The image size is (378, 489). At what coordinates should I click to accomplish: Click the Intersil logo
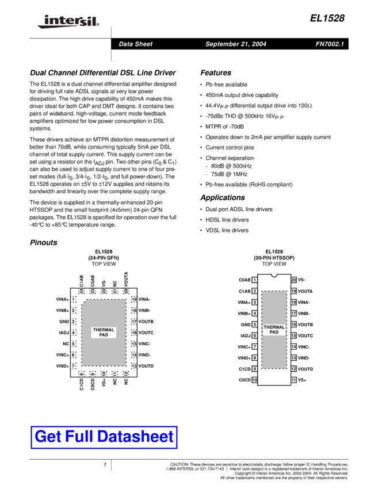coord(66,22)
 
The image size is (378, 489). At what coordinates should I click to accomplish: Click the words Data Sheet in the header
coord(135,44)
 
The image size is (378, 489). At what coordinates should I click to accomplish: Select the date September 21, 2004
coord(235,44)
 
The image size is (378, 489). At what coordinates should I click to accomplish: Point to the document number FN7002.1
coord(330,44)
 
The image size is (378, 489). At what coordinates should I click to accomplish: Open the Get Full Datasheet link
coord(104,437)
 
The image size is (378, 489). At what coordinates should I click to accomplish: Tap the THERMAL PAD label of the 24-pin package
coord(104,333)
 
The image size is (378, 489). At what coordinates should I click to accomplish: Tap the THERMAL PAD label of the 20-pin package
coord(274,330)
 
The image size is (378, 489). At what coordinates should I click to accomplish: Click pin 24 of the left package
coord(81,291)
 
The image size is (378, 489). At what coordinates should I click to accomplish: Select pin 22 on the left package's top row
coord(104,291)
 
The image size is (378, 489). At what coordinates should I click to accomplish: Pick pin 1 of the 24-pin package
coord(74,300)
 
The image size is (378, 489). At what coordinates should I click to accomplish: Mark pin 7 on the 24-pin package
coord(74,366)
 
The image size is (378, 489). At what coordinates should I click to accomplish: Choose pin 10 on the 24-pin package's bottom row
coord(104,374)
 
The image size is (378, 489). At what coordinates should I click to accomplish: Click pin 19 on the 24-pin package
coord(133,300)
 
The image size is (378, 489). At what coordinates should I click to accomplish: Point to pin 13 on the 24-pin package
coord(133,366)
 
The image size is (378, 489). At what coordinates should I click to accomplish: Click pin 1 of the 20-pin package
coord(254,280)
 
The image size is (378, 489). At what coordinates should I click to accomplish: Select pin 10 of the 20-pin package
coord(254,380)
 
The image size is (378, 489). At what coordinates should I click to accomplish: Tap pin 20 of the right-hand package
coord(293,280)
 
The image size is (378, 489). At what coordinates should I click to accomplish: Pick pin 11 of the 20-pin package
coord(293,380)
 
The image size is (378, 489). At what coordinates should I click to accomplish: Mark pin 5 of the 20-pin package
coord(254,324)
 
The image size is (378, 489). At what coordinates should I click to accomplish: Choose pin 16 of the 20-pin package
coord(293,324)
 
